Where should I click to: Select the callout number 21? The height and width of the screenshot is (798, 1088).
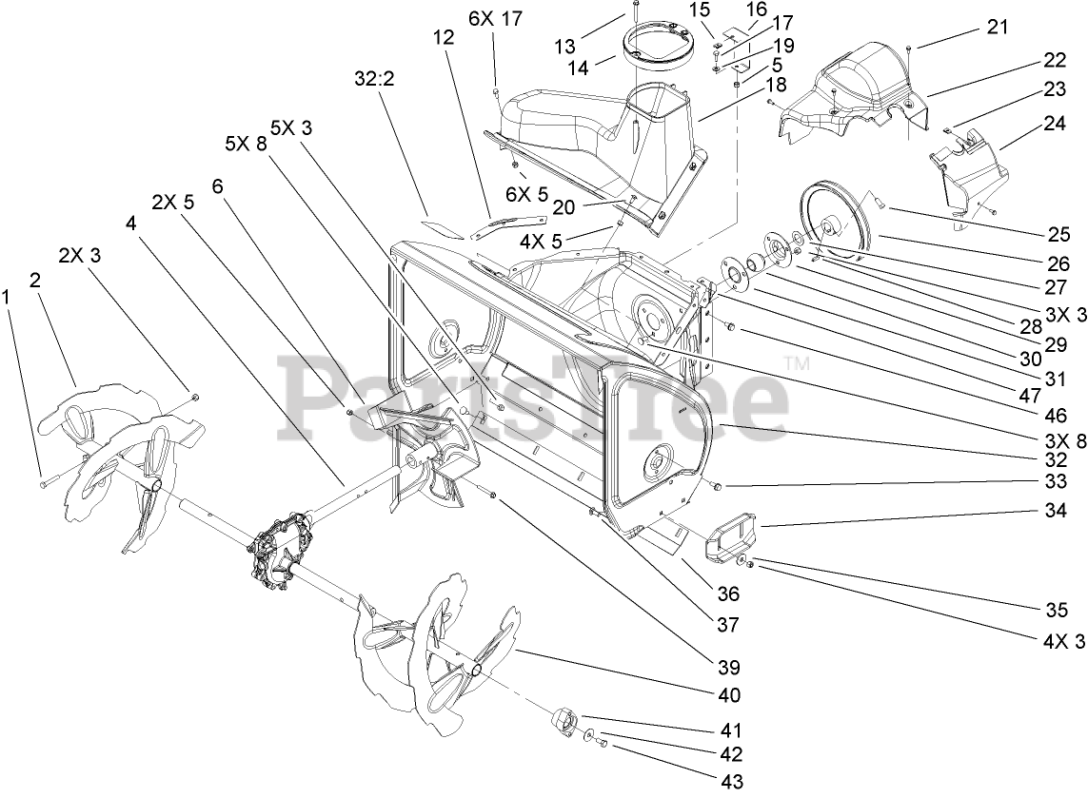(996, 27)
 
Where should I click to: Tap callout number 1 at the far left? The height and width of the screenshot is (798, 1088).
(8, 297)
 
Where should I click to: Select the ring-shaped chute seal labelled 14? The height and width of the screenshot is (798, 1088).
(657, 47)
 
